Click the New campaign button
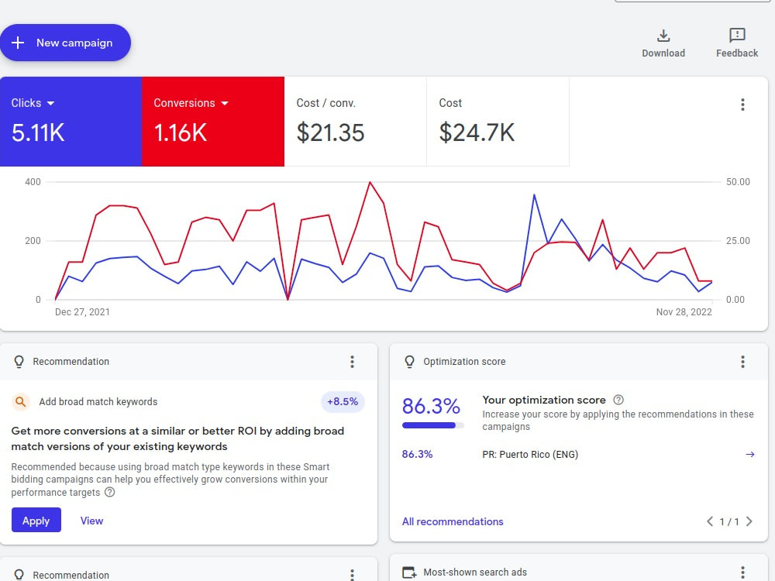[65, 43]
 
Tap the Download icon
[663, 36]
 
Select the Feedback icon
[737, 35]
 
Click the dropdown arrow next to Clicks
[50, 103]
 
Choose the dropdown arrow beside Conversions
[225, 103]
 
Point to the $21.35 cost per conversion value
[330, 133]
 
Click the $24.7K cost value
[477, 133]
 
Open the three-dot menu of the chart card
[742, 105]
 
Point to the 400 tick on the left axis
[33, 182]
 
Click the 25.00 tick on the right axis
[738, 241]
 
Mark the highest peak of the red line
[370, 182]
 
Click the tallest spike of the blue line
[534, 195]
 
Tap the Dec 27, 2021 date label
[82, 311]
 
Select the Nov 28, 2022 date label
[684, 311]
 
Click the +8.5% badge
[343, 401]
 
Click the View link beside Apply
[92, 521]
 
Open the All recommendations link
[453, 521]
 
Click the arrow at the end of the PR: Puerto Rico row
[749, 455]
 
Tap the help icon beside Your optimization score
[618, 400]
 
